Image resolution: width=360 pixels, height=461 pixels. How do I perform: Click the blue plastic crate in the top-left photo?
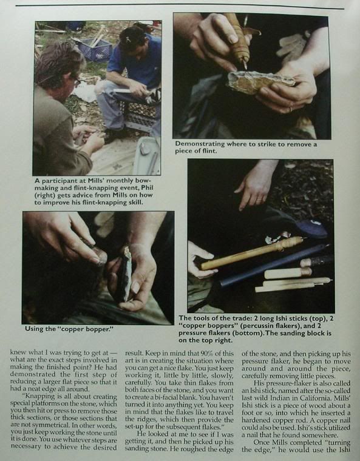pos(94,49)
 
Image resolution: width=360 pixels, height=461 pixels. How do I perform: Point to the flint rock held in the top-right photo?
pos(260,82)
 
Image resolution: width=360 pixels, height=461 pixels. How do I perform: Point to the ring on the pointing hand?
pos(260,200)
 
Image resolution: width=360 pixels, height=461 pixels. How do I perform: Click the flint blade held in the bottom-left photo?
pos(126,274)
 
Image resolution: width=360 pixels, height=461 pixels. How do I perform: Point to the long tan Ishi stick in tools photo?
pos(252,252)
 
